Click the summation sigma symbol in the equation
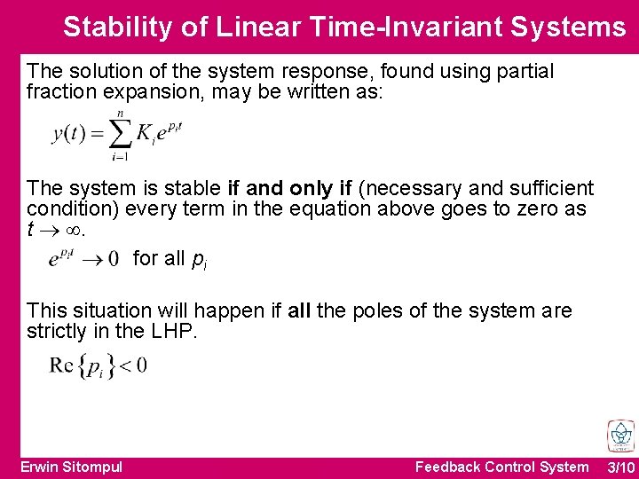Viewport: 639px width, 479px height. click(x=119, y=135)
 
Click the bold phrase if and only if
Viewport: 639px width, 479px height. click(x=289, y=188)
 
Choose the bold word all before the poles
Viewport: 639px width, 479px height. click(x=299, y=310)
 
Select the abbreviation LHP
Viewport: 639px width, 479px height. click(x=173, y=331)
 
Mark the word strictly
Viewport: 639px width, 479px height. click(x=56, y=331)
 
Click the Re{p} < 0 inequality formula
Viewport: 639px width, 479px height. click(x=99, y=365)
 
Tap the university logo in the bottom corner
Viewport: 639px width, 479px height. click(x=619, y=436)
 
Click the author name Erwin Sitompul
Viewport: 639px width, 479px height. click(x=72, y=467)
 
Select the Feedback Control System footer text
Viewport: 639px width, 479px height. click(x=501, y=467)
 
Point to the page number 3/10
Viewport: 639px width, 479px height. click(x=620, y=467)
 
